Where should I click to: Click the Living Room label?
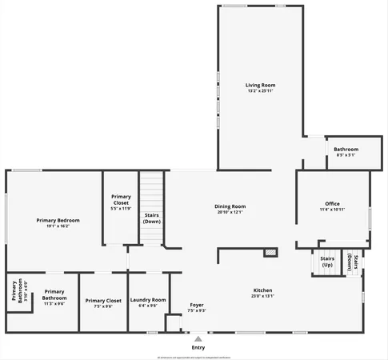tap(260, 84)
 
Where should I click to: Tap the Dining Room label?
tap(230, 206)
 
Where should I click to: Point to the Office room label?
tap(332, 203)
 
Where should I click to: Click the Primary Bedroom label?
tap(58, 220)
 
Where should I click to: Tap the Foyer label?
tap(197, 305)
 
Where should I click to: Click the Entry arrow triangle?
tap(198, 339)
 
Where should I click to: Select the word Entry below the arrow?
tap(198, 347)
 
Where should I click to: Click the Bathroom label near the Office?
tap(346, 149)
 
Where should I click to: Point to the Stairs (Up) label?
tap(326, 262)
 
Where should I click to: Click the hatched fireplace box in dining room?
tap(271, 253)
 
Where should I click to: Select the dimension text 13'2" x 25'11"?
tap(260, 90)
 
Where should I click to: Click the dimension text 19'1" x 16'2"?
tap(58, 226)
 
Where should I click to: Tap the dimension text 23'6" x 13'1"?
tap(263, 295)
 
